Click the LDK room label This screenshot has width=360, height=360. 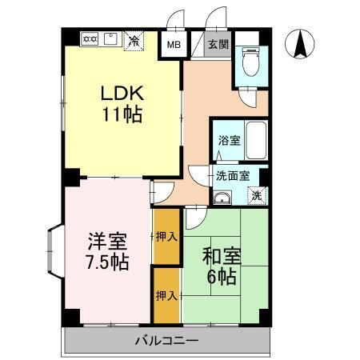pyautogui.click(x=121, y=93)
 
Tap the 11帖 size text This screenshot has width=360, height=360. pyautogui.click(x=121, y=114)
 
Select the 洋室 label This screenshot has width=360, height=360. pyautogui.click(x=107, y=241)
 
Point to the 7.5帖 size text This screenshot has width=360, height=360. pyautogui.click(x=107, y=262)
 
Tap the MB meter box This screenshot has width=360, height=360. pyautogui.click(x=173, y=43)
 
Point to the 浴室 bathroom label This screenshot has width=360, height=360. pyautogui.click(x=229, y=141)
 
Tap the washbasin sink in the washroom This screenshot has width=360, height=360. pyautogui.click(x=223, y=196)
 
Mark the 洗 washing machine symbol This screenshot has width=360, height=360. pyautogui.click(x=258, y=194)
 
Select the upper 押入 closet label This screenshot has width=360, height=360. pyautogui.click(x=166, y=236)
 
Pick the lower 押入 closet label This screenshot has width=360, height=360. pyautogui.click(x=166, y=295)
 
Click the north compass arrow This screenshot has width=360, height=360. pyautogui.click(x=299, y=43)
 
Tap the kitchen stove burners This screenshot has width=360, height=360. pyautogui.click(x=90, y=38)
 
